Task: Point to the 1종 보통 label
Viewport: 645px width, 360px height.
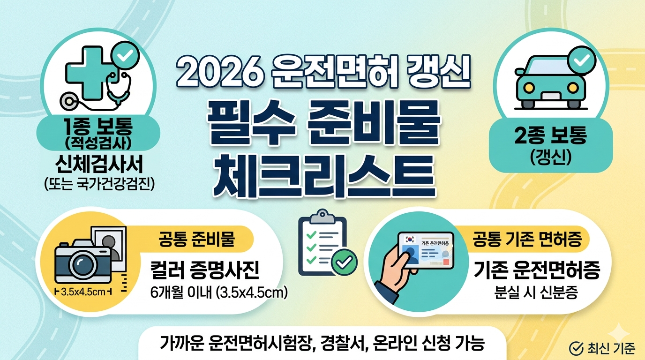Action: (x=99, y=128)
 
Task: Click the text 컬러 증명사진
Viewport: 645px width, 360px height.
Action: (x=204, y=271)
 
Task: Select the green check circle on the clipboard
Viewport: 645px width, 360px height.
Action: (x=344, y=262)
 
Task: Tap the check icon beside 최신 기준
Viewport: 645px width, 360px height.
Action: (x=575, y=347)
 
